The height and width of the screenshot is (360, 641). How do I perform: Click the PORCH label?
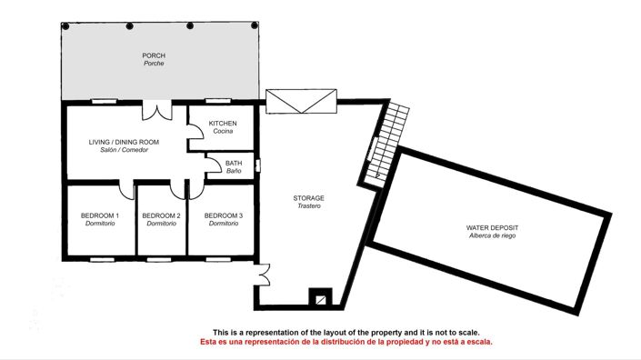tap(153, 55)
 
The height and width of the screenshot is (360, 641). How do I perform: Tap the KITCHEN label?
tap(223, 123)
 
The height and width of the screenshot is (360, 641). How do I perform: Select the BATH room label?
tap(234, 163)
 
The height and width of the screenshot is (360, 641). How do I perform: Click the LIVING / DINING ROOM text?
tap(124, 142)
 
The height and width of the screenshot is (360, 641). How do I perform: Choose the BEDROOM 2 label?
tap(161, 215)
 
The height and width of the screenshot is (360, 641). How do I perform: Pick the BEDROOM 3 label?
tap(223, 215)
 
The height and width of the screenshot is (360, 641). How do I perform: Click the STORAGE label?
tap(308, 197)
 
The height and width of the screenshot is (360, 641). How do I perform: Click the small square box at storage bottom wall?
tap(319, 295)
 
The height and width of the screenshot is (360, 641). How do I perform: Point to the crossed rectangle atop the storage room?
tap(300, 101)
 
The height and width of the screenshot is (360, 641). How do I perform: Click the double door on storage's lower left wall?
tap(263, 275)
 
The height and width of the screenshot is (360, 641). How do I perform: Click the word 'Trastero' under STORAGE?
tap(308, 206)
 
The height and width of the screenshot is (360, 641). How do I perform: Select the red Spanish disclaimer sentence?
tap(346, 343)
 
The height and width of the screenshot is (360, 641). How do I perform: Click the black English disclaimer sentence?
tap(346, 333)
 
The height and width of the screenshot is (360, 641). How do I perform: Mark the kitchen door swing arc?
tap(194, 134)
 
